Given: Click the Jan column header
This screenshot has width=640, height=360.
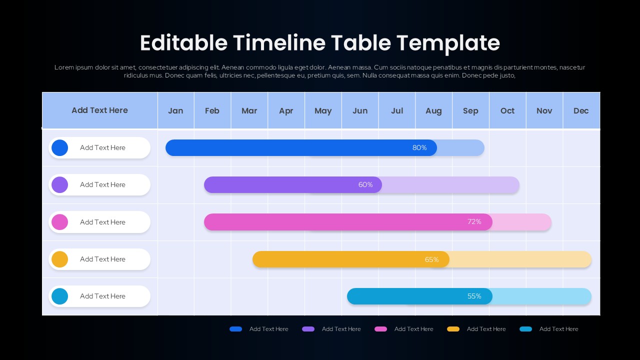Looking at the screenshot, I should [175, 110].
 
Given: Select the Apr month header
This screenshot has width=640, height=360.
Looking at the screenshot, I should [286, 110].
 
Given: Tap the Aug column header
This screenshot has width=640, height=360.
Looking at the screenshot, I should [433, 110].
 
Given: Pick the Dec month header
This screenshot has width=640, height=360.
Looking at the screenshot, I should [581, 110].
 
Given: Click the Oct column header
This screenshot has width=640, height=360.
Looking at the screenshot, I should [507, 110].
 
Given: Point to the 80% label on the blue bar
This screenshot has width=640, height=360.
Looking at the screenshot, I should [419, 147].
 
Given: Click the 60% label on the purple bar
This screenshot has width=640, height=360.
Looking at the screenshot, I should [365, 184].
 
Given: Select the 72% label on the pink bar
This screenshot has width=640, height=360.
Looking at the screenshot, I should [474, 221].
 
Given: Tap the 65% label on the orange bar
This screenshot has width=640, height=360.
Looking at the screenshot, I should [431, 259].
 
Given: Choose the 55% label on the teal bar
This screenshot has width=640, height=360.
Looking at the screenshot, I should [474, 296].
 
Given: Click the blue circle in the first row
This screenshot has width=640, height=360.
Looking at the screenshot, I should [59, 147].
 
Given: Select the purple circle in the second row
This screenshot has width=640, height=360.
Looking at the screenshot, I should [59, 184].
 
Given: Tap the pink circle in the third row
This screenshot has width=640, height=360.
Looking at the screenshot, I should [59, 222].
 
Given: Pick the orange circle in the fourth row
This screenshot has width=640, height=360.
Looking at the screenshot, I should [59, 259].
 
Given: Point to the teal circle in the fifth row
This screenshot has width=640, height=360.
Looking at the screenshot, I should [59, 296].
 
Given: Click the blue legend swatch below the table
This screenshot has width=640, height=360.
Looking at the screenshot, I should [235, 329].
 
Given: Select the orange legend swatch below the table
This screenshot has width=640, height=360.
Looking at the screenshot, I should [453, 329].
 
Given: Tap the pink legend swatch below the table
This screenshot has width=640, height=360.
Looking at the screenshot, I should [380, 329].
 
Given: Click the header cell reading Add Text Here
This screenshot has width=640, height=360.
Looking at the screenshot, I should [99, 110].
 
